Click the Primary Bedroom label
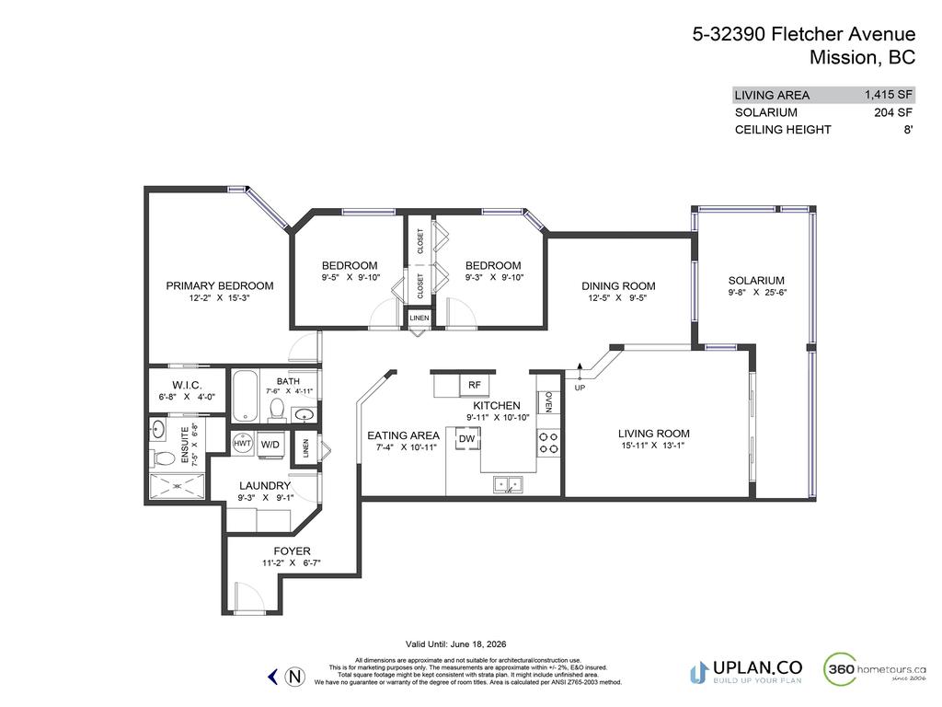point(219,285)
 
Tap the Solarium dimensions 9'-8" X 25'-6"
point(756,293)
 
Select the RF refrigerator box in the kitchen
point(475,385)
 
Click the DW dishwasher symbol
point(467,439)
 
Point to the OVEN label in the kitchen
point(548,401)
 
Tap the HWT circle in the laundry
point(243,444)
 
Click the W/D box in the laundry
point(270,445)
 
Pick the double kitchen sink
point(506,481)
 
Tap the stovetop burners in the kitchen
point(548,443)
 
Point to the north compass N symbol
point(294,677)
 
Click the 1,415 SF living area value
point(888,94)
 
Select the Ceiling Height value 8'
point(908,130)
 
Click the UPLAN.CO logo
point(746,670)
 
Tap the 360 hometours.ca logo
point(874,668)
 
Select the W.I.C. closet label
point(186,385)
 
